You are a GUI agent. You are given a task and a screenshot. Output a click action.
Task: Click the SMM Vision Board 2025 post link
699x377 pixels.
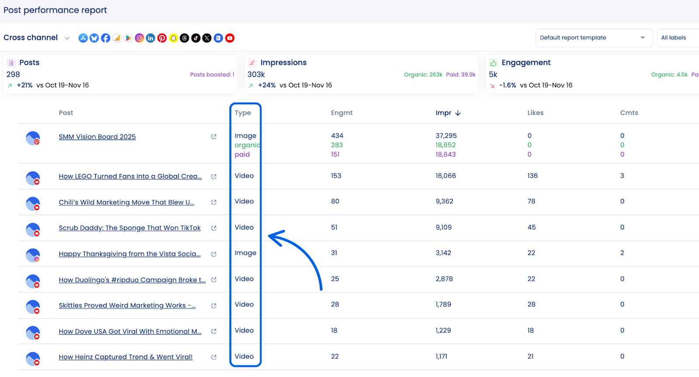point(97,137)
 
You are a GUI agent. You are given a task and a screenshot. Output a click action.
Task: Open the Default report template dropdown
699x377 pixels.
point(593,38)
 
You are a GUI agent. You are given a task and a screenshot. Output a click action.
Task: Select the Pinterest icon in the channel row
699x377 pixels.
point(162,38)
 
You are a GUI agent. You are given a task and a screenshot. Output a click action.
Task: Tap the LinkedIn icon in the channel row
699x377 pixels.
point(151,38)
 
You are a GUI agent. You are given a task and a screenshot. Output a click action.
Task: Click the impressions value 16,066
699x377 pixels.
point(446,176)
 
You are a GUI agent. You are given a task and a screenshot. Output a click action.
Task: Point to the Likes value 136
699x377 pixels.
point(532,176)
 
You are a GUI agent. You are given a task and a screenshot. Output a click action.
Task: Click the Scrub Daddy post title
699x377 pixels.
point(130,228)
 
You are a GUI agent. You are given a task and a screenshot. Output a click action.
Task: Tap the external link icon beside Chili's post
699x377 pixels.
point(214,202)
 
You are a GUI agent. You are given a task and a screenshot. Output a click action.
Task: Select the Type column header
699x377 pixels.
point(242,113)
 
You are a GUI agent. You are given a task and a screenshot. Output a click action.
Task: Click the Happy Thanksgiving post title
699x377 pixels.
point(130,254)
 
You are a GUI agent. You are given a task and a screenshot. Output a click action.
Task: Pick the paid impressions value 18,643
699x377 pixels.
point(445,154)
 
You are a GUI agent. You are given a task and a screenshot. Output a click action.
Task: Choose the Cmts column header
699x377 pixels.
point(629,113)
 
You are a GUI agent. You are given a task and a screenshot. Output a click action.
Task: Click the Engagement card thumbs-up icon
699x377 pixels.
point(493,63)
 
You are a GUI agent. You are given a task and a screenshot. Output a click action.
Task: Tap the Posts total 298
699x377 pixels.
point(13,75)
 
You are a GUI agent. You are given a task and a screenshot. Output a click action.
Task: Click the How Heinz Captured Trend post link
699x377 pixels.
point(125,357)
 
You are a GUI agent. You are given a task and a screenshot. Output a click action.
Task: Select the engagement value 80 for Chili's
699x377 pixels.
point(335,202)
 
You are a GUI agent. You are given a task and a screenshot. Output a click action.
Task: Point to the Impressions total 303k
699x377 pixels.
point(256,75)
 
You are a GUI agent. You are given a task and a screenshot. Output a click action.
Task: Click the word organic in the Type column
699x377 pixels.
point(247,145)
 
